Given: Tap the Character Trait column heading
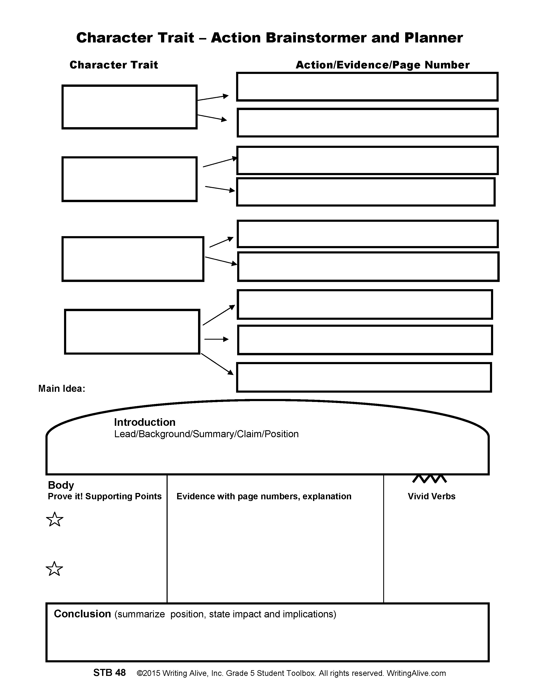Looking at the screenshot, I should pos(114,65).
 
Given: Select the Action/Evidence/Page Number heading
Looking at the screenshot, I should pos(383,65).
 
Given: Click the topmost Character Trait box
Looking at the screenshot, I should pos(129,107).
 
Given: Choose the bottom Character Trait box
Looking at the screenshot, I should pos(132,332).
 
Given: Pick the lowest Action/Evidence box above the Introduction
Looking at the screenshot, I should pos(364,377).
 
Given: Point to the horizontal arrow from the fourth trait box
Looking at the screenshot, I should pos(216,339).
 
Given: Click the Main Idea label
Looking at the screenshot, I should pos(62,388).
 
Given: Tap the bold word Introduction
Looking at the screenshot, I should pos(145,422).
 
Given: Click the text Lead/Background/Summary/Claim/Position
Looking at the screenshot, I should pos(206,434).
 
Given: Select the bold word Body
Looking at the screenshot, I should pos(61,485).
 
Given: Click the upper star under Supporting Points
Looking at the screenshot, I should pos(55,520).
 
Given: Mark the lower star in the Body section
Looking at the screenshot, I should pos(54,569).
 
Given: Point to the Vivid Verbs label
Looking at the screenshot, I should pos(431,496).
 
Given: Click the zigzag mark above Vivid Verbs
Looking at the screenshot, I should pos(430,479).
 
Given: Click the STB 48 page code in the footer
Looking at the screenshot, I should pos(109,673).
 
